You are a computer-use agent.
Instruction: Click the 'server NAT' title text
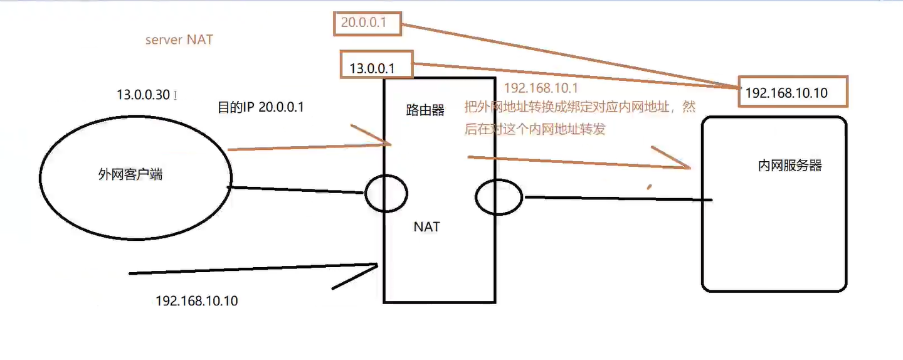pyautogui.click(x=179, y=40)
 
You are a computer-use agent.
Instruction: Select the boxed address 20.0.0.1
pyautogui.click(x=363, y=24)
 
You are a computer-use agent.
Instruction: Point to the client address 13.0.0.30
pyautogui.click(x=143, y=95)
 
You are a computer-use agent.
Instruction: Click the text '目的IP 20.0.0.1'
pyautogui.click(x=260, y=107)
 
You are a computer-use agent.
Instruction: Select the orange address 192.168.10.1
pyautogui.click(x=541, y=88)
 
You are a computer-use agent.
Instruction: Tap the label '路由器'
pyautogui.click(x=425, y=110)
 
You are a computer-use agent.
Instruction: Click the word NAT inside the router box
pyautogui.click(x=426, y=226)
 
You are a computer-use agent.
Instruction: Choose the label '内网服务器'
pyautogui.click(x=789, y=166)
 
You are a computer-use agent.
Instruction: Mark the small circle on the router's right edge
pyautogui.click(x=499, y=198)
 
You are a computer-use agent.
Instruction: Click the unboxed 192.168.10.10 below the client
pyautogui.click(x=196, y=301)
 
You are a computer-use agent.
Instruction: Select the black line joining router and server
pyautogui.click(x=618, y=199)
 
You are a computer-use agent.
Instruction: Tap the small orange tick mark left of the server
pyautogui.click(x=650, y=186)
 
